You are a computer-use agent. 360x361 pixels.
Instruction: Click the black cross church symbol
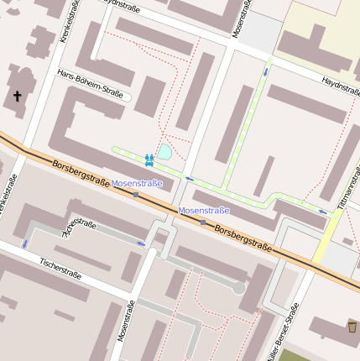click(17, 97)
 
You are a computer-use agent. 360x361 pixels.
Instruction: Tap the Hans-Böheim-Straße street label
click(90, 85)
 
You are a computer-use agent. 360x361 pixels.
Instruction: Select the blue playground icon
click(149, 159)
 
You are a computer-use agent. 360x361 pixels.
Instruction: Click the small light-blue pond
click(165, 152)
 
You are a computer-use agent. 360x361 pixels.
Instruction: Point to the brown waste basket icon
click(352, 327)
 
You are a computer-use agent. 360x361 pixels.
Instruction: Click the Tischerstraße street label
click(60, 268)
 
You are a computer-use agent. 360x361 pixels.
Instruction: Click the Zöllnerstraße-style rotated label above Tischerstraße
click(79, 227)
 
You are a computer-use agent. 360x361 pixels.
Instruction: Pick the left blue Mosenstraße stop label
click(137, 183)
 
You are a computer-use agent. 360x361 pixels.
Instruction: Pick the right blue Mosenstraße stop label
click(204, 211)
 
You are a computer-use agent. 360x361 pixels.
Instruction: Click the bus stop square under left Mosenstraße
click(136, 195)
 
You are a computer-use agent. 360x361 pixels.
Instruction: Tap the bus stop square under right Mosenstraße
click(202, 222)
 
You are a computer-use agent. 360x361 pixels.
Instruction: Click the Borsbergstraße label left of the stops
click(81, 174)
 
